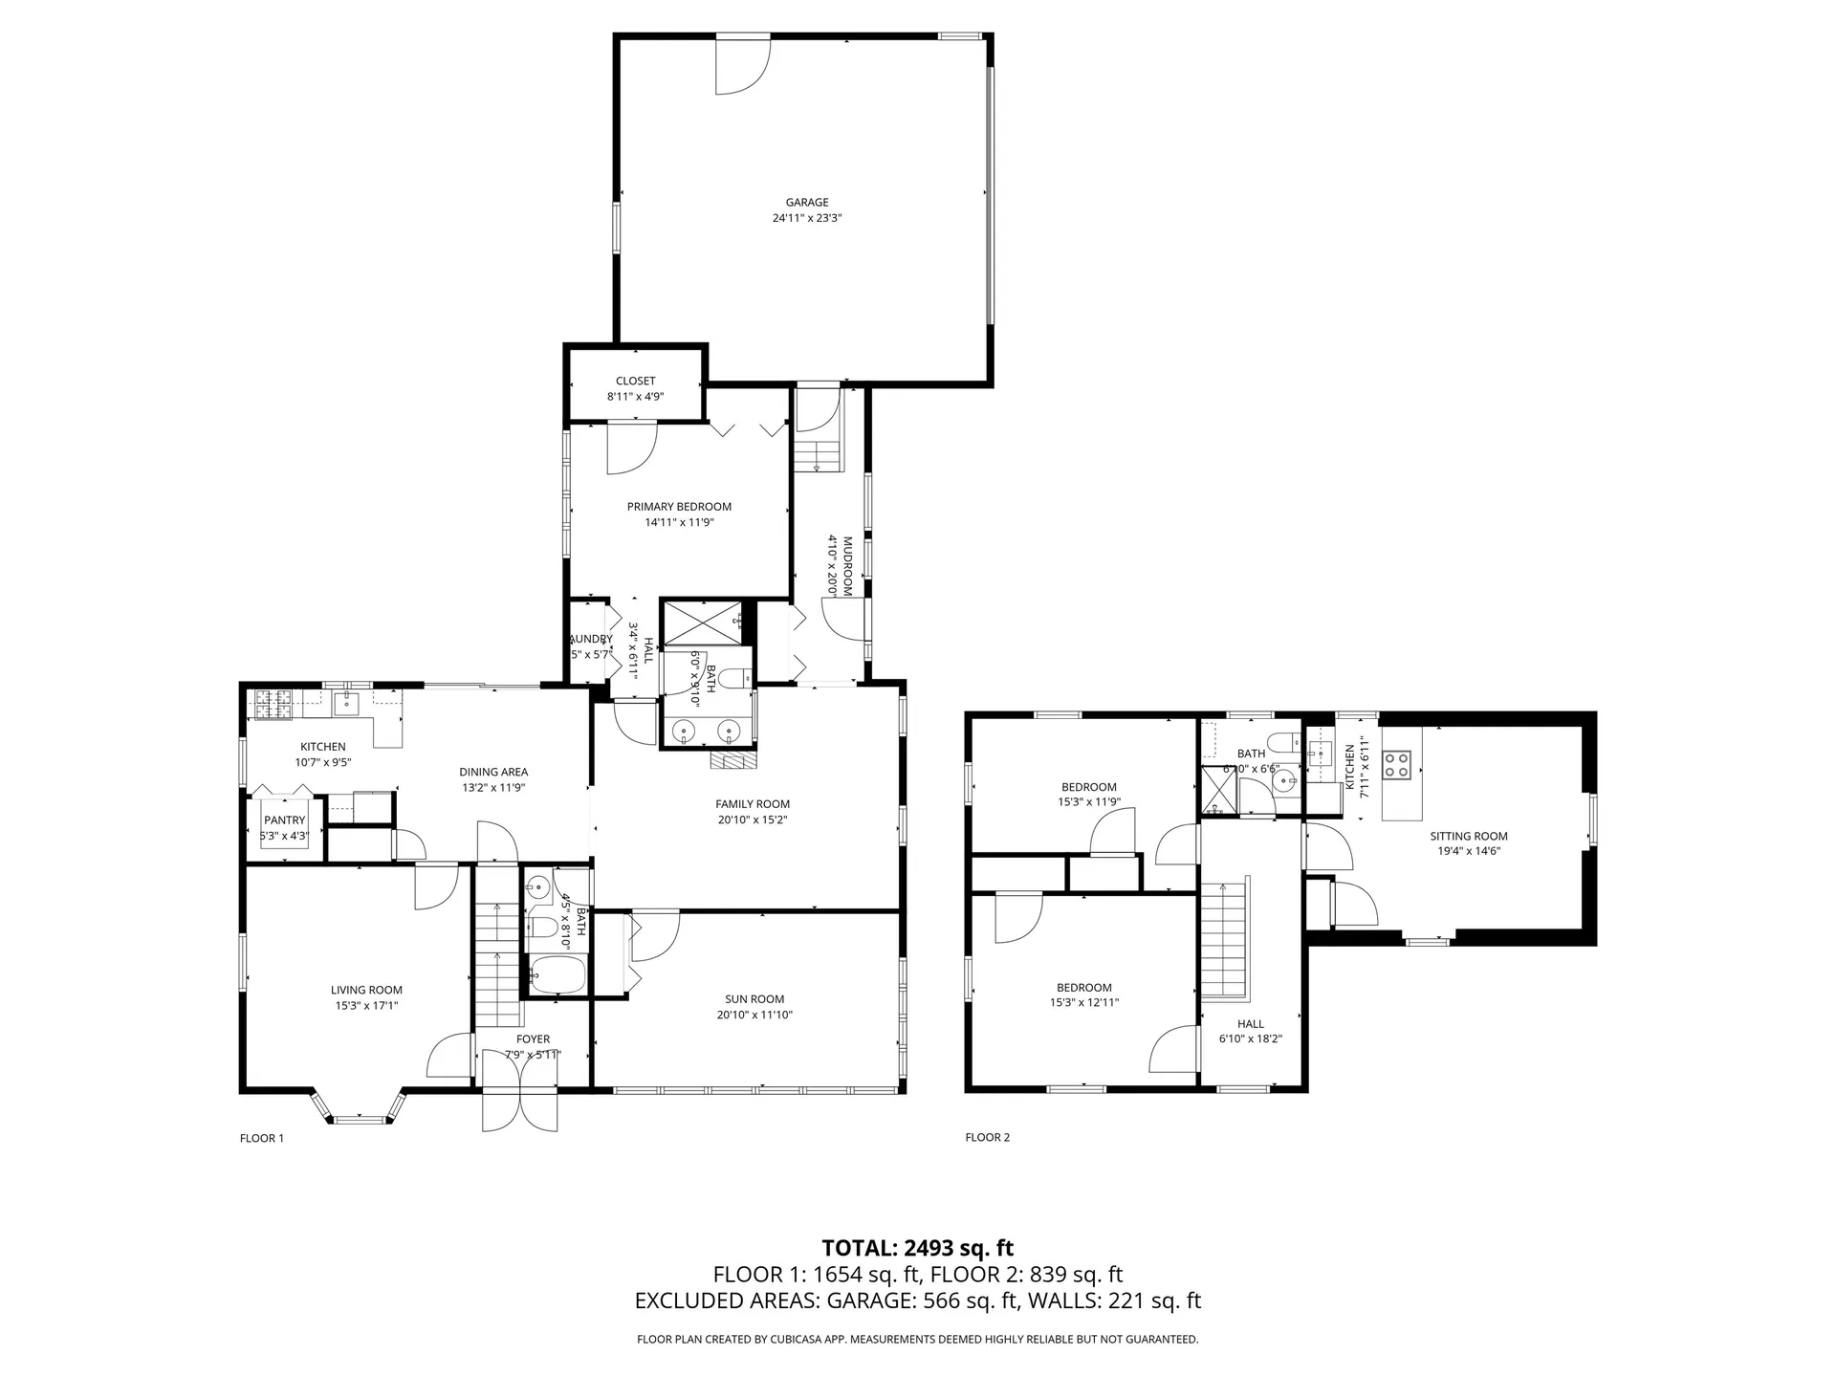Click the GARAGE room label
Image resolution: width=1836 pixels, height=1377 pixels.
pos(807,202)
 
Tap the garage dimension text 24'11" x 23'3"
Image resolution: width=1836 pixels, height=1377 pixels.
pos(807,218)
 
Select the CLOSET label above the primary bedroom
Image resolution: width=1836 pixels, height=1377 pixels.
pos(635,381)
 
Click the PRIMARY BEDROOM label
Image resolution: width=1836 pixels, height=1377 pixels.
pos(679,507)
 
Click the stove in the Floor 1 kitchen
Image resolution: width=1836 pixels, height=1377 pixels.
pos(273,704)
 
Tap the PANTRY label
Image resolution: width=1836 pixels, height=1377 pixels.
pos(284,820)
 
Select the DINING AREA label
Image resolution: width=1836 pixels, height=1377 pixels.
pos(493,772)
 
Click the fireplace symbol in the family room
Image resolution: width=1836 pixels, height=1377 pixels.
pos(733,760)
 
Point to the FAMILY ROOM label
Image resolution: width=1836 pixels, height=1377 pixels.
pos(753,804)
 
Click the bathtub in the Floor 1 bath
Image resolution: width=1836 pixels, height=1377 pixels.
pos(557,975)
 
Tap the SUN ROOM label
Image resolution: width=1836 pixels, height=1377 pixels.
pos(754,999)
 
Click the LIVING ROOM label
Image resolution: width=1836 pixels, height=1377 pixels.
pos(366,990)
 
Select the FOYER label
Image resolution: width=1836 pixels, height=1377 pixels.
pos(533,1038)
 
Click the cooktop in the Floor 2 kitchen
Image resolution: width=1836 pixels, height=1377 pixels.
pos(1396,765)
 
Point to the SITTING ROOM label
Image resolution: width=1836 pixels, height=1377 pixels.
pos(1469,836)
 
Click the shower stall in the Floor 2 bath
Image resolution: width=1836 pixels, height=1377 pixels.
pos(1219,790)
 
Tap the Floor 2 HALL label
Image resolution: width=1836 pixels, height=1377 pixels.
pos(1250,1023)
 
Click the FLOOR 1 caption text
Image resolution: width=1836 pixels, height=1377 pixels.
pos(261,1138)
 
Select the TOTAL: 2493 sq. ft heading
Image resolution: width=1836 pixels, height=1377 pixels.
pos(917,1248)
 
